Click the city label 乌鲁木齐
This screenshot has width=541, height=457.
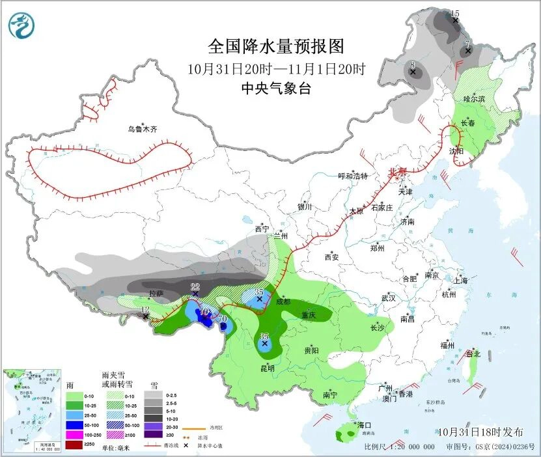coord(142,130)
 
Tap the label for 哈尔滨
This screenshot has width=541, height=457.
coord(474,98)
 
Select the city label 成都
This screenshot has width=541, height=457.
coord(283,301)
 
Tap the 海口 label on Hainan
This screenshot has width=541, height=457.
coord(365,425)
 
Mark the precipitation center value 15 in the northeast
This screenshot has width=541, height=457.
coord(455,14)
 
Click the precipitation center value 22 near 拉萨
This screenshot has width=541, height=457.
coord(195,287)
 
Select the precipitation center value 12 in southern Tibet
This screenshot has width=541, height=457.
coord(145,309)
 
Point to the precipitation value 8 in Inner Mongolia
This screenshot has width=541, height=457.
coord(412,64)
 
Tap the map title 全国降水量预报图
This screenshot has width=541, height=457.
coord(275,47)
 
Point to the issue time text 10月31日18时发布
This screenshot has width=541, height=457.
coord(480,432)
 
